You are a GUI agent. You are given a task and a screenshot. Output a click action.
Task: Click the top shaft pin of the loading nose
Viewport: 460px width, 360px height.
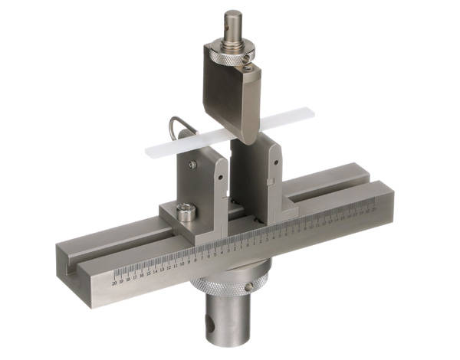coord(233,23)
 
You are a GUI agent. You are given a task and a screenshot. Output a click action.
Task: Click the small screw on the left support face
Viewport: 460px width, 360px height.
coord(193,162)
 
